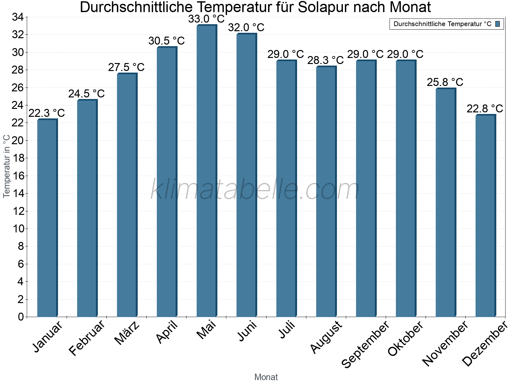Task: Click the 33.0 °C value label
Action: click(206, 19)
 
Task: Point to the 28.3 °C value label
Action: click(325, 60)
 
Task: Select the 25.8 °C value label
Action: click(445, 82)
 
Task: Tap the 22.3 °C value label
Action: click(47, 113)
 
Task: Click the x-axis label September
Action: click(365, 344)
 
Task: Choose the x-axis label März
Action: click(127, 333)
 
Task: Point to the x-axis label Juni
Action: click(247, 331)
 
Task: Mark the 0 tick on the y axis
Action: click(21, 317)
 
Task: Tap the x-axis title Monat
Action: click(266, 377)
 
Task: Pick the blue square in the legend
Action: click(498, 24)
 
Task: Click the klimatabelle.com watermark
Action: click(255, 190)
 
